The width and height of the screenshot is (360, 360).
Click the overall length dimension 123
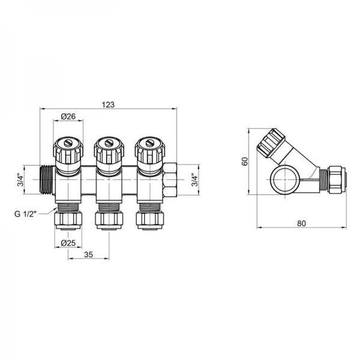[x=109, y=104]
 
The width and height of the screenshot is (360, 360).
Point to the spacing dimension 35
[x=88, y=254]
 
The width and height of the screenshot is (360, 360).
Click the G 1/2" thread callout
[x=27, y=214]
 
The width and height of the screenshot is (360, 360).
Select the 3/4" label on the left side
[x=19, y=179]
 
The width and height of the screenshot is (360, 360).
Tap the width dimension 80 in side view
[x=300, y=223]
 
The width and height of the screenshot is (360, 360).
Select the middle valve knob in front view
[x=109, y=151]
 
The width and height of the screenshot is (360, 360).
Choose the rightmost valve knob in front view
[x=149, y=151]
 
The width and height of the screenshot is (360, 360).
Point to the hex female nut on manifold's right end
[x=171, y=179]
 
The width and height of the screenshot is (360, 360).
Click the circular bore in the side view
[x=283, y=179]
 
